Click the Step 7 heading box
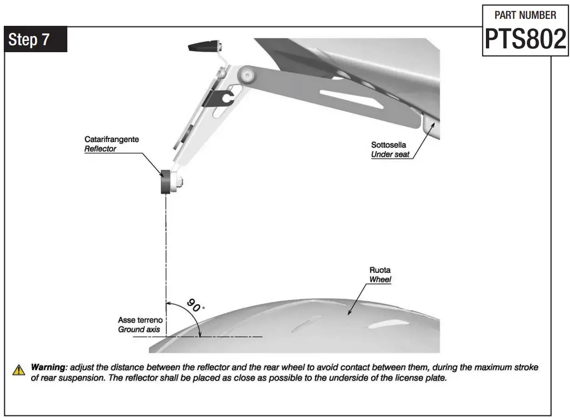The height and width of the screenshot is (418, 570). pyautogui.click(x=36, y=40)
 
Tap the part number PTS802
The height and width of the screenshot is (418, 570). pyautogui.click(x=525, y=39)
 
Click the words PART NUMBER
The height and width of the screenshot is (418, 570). pyautogui.click(x=525, y=15)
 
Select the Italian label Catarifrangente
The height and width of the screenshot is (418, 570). pyautogui.click(x=112, y=139)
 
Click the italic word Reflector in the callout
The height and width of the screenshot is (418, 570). pyautogui.click(x=100, y=148)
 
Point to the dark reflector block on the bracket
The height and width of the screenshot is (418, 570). pyautogui.click(x=165, y=181)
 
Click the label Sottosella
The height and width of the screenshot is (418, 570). pyautogui.click(x=388, y=145)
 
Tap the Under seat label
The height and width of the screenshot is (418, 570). pyautogui.click(x=390, y=154)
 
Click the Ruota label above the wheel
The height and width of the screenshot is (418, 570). pyautogui.click(x=380, y=270)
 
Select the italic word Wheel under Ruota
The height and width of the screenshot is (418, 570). pyautogui.click(x=380, y=280)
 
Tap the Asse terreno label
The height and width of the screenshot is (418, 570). pyautogui.click(x=139, y=320)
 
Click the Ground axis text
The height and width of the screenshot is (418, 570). pyautogui.click(x=139, y=329)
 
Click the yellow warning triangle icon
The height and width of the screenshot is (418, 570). pyautogui.click(x=19, y=370)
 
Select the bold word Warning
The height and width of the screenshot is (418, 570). pyautogui.click(x=48, y=367)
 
